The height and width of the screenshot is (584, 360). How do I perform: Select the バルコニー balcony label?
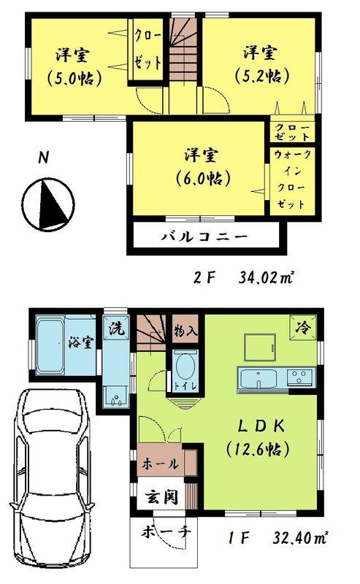tap(204, 237)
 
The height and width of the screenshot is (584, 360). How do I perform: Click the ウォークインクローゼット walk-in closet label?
tap(291, 180)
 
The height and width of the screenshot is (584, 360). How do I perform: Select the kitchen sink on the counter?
tap(258, 379)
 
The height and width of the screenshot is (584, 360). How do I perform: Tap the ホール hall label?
tap(156, 463)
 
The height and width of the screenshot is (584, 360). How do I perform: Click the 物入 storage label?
tap(185, 331)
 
